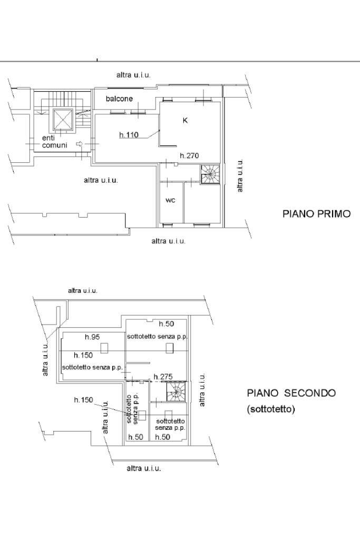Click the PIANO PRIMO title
click(x=316, y=214)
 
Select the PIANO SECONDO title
click(x=291, y=393)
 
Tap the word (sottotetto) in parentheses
click(x=271, y=409)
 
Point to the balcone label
click(x=119, y=99)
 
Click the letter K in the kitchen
click(x=186, y=121)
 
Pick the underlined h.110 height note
click(x=129, y=135)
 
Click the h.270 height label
click(x=189, y=156)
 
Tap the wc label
click(x=171, y=200)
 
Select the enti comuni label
click(x=54, y=142)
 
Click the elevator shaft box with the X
click(x=63, y=120)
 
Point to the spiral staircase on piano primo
click(x=210, y=174)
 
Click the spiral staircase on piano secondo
click(x=176, y=391)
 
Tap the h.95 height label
click(x=92, y=337)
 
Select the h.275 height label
click(x=163, y=377)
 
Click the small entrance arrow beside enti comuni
click(x=80, y=144)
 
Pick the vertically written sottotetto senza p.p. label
click(x=132, y=409)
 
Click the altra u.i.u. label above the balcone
click(x=133, y=75)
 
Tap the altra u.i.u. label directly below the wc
click(x=169, y=241)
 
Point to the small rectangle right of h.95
click(x=104, y=348)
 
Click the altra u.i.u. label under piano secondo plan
click(x=144, y=468)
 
